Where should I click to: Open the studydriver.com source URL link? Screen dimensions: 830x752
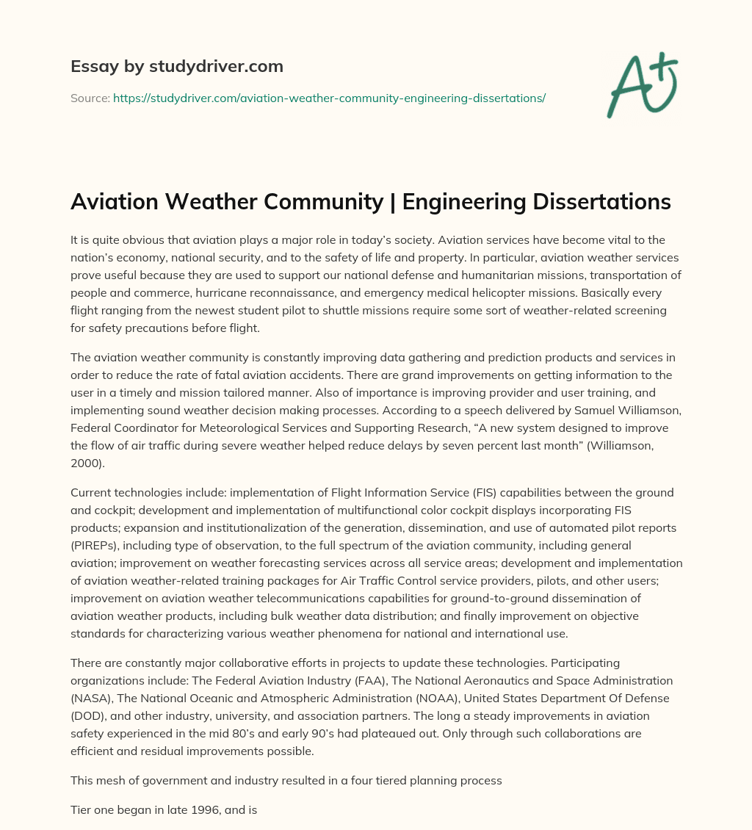[x=329, y=98]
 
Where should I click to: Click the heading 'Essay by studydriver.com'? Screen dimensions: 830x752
[x=177, y=66]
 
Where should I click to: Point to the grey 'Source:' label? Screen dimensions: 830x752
[x=90, y=98]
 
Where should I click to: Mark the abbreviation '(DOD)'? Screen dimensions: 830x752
[x=87, y=715]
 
